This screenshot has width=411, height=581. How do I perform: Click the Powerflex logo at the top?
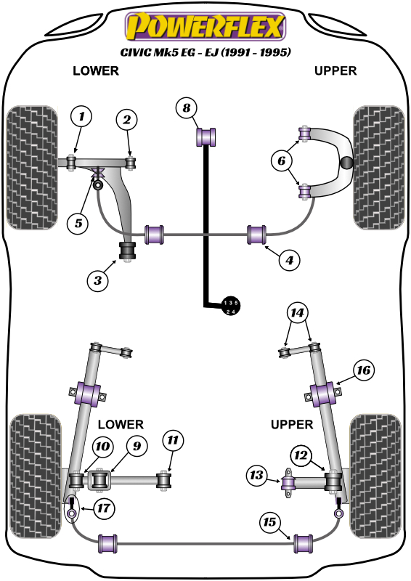point(206,26)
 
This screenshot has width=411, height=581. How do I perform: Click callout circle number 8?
point(187,107)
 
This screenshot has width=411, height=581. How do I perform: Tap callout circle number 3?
point(98,280)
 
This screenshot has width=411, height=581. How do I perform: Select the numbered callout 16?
point(364,370)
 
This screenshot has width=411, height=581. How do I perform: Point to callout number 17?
point(103,508)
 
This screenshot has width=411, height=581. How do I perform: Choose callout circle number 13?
point(257,475)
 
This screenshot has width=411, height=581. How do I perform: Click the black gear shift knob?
point(230,306)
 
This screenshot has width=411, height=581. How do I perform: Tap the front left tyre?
point(32,168)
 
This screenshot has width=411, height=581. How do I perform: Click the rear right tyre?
point(375,476)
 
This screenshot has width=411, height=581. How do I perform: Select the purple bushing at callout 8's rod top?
point(206,137)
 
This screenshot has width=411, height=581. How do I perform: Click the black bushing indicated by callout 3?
point(127,251)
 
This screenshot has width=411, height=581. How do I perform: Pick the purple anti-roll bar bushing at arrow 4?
point(257,235)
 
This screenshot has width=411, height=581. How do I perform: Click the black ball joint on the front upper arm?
point(347,162)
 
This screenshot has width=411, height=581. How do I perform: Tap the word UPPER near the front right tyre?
point(335,70)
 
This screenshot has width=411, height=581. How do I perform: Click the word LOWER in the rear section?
point(121,424)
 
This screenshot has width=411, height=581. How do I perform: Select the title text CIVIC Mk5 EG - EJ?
point(206,52)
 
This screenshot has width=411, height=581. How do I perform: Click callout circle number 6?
point(282,161)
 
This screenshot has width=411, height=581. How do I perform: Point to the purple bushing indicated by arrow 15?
point(303,543)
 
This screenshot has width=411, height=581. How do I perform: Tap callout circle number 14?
point(297,313)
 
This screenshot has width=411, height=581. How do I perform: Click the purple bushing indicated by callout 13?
point(288,483)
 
